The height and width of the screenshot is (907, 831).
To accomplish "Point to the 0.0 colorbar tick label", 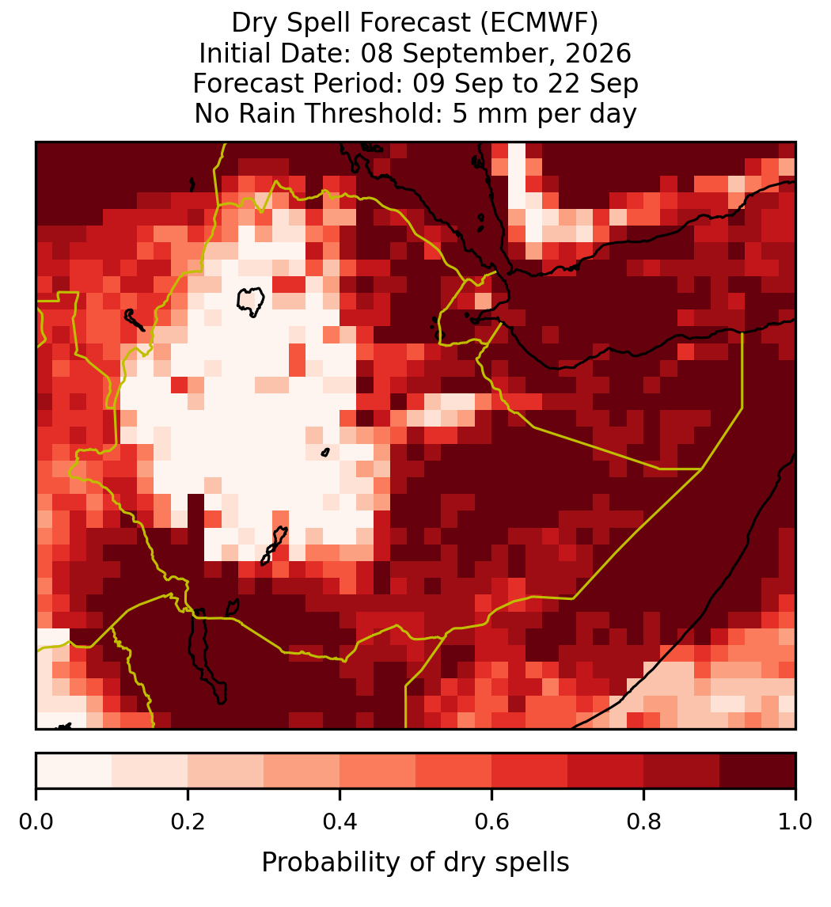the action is (x=36, y=822).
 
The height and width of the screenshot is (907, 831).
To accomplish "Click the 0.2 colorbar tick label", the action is (x=188, y=822).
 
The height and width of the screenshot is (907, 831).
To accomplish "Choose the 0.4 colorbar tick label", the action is (x=340, y=822).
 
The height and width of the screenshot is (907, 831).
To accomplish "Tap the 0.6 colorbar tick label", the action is (x=492, y=822).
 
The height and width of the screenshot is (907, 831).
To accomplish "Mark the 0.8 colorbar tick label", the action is (x=644, y=822).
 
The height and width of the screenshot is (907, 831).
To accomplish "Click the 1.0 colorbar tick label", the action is (x=795, y=822).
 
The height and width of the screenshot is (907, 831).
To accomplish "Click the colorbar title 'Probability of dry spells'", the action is (x=415, y=863).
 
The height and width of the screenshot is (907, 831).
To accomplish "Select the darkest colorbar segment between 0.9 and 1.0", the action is (x=758, y=771).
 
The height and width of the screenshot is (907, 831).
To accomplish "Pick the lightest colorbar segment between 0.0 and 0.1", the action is (x=74, y=771).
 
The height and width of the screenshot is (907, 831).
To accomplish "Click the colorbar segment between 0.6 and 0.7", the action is (x=529, y=771).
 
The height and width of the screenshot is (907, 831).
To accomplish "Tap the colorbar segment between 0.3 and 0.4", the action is (x=302, y=771).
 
